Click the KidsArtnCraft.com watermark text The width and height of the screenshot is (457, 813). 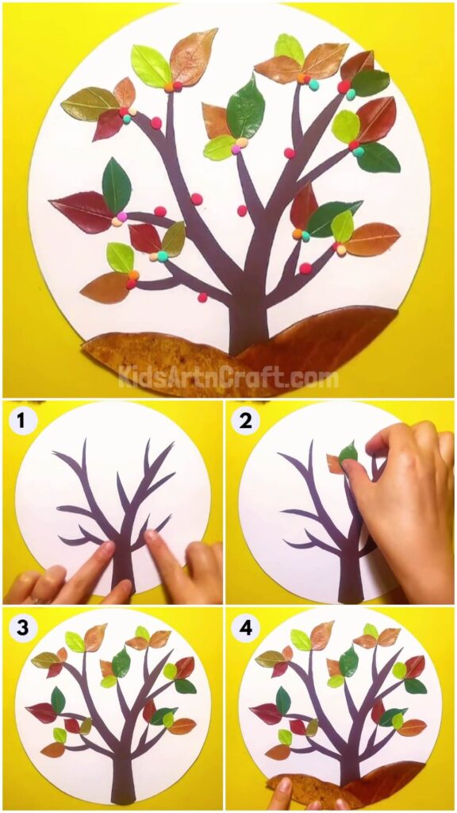click(228, 377)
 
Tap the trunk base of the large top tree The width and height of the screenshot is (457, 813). click(248, 326)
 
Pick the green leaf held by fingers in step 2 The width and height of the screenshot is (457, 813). click(348, 454)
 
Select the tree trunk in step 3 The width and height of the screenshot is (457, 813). click(123, 774)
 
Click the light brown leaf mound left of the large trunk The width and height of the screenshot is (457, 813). click(159, 361)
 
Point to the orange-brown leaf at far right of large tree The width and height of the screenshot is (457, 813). click(372, 239)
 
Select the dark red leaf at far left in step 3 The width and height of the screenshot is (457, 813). click(41, 712)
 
